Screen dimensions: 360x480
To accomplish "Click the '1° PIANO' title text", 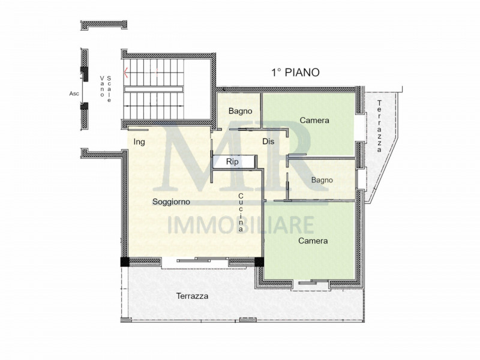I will point(295,72).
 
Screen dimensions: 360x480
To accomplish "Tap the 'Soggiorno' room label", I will point(171,201).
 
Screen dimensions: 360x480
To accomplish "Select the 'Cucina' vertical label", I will point(241,213).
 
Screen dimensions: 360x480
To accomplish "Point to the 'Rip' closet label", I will point(233,162).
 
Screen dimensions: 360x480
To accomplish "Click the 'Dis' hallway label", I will point(268,142).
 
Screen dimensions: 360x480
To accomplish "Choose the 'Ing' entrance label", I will point(139,142).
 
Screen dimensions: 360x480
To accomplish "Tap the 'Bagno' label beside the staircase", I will point(240,111).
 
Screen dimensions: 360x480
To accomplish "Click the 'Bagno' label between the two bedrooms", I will point(322,180).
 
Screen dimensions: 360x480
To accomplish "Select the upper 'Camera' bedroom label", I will point(314,121).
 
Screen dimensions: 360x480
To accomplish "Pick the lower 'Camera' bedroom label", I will point(313,241).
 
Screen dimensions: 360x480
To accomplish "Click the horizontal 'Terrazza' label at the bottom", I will point(192,296).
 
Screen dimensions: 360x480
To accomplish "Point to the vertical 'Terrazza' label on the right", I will point(379,127).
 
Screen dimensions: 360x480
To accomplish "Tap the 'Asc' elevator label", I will point(75,94).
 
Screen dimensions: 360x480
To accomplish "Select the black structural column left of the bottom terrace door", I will point(124,262).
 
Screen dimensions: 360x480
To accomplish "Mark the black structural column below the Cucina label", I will point(259,262).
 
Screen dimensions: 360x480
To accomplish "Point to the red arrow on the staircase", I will point(126,73).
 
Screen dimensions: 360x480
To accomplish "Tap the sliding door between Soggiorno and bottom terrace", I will point(194,260).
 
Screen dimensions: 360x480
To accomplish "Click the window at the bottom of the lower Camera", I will point(313,283).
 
